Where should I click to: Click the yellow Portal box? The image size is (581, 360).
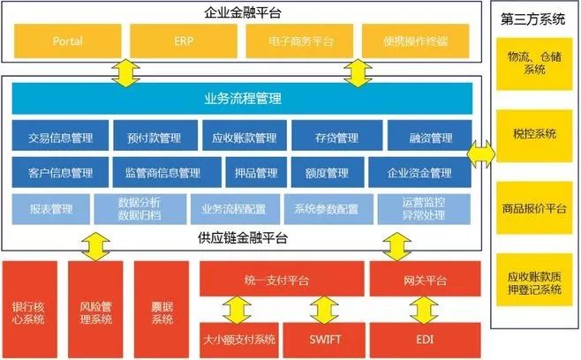pyautogui.click(x=66, y=41)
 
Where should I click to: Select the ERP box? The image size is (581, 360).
pyautogui.click(x=183, y=41)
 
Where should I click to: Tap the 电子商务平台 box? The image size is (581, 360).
pyautogui.click(x=301, y=41)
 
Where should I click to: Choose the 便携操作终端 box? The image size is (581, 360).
pyautogui.click(x=414, y=41)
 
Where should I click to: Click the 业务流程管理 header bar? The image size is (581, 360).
pyautogui.click(x=244, y=98)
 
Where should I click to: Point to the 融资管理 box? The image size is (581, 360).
pyautogui.click(x=430, y=138)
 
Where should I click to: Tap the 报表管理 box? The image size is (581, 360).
pyautogui.click(x=51, y=209)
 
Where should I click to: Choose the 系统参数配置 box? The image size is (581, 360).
pyautogui.click(x=327, y=209)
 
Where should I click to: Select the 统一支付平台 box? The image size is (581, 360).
pyautogui.click(x=276, y=280)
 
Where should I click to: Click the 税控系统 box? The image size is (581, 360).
pyautogui.click(x=534, y=134)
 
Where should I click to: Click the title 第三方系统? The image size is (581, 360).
pyautogui.click(x=534, y=18)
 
